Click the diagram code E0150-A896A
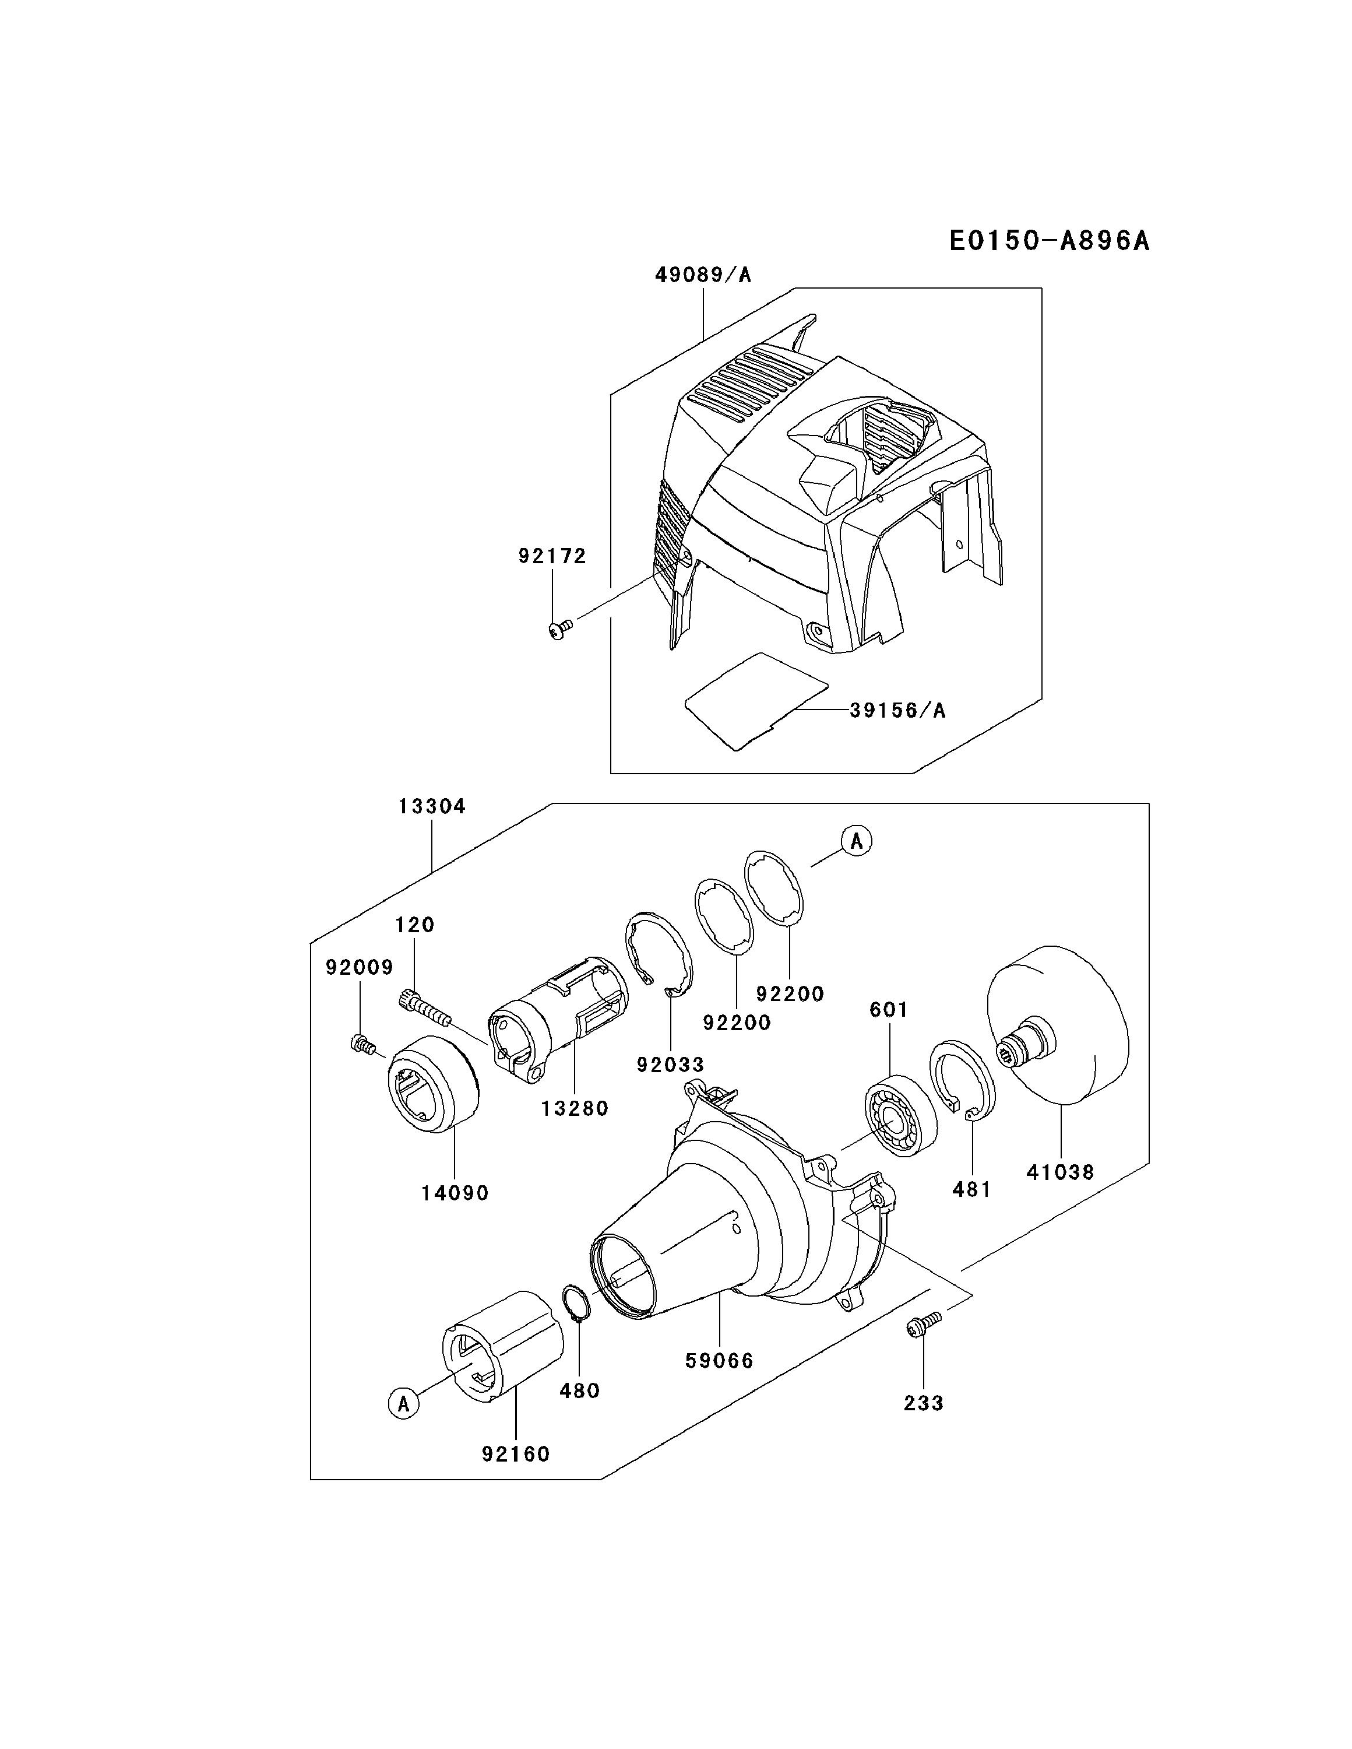pos(1048,240)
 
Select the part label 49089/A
pos(703,275)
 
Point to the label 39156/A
pos(897,710)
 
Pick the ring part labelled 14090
pos(433,1084)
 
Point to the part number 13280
pos(574,1108)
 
